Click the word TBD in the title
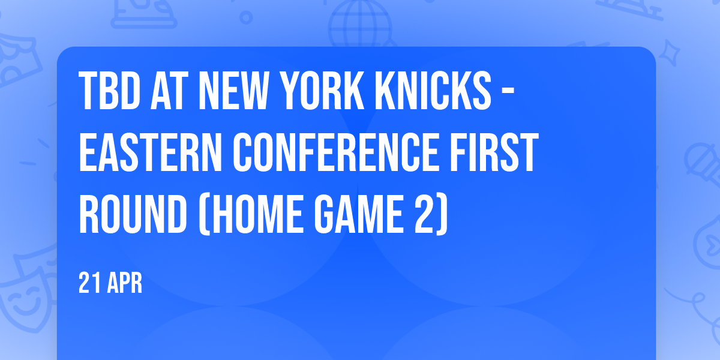[109, 91]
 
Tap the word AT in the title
[169, 91]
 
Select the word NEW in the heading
[233, 91]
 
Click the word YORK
[322, 91]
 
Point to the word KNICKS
[433, 91]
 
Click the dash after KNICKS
[508, 92]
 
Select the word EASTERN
[150, 152]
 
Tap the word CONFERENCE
[335, 152]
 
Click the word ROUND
[133, 214]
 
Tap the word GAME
[358, 214]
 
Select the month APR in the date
[125, 283]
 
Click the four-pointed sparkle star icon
[669, 53]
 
